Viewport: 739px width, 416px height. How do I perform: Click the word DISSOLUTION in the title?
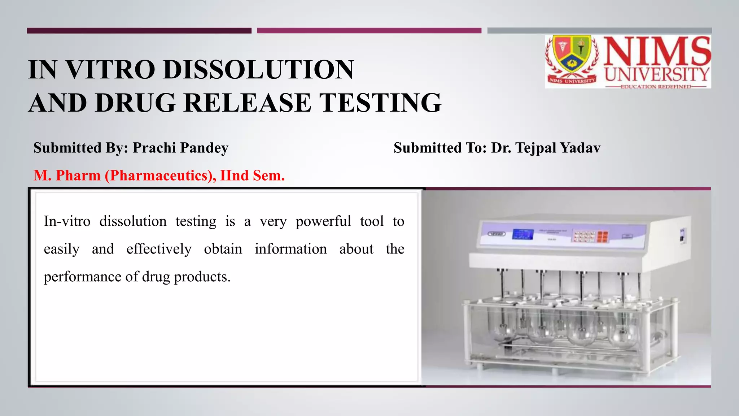tap(258, 69)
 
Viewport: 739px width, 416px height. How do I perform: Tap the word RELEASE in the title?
tap(247, 103)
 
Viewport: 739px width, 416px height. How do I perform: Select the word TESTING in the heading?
tap(381, 103)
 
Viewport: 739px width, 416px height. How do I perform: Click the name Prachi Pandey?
tap(180, 148)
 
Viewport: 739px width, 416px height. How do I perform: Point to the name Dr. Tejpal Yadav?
tap(546, 148)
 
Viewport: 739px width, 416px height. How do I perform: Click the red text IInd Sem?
tap(252, 175)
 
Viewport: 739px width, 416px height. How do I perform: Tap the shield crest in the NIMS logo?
tap(572, 54)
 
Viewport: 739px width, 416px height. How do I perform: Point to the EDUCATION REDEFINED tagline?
tap(656, 87)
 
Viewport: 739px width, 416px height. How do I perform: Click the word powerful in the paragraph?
tap(323, 221)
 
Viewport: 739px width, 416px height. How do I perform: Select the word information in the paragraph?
tap(291, 249)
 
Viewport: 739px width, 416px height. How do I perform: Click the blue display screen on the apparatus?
tap(523, 234)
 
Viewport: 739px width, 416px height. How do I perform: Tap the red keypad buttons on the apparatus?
tap(602, 237)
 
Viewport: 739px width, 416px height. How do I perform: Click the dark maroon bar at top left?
tap(139, 31)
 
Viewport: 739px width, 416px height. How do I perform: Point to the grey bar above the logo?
tap(599, 31)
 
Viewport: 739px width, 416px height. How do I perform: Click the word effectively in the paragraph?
tap(159, 249)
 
